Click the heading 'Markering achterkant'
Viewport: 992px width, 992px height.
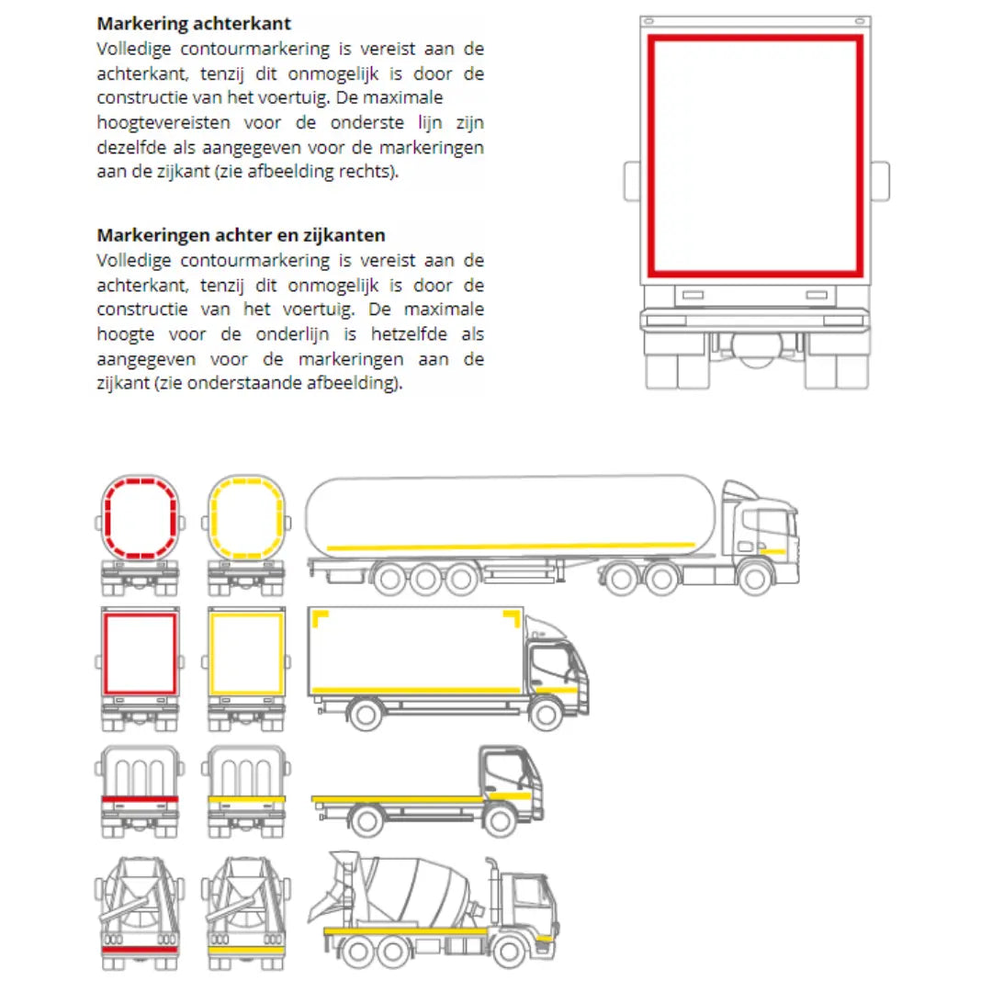coord(194,24)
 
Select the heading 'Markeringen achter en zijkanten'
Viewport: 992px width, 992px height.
coord(241,235)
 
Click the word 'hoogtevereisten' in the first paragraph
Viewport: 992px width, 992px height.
coord(163,123)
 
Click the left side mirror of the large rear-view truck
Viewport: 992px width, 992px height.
coord(632,181)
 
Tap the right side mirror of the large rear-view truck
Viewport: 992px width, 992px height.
coord(880,181)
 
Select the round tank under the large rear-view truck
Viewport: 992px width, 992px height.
coord(757,349)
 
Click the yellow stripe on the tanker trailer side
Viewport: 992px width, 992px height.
coord(511,546)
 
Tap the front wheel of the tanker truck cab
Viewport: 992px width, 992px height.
coord(754,578)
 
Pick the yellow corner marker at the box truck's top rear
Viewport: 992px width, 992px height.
coord(321,619)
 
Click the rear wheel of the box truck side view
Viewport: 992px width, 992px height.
coord(365,715)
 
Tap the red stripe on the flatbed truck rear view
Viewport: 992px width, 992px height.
coord(140,799)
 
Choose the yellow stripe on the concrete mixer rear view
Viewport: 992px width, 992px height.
coord(246,951)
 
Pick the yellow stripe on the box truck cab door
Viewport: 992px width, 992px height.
coord(556,690)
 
